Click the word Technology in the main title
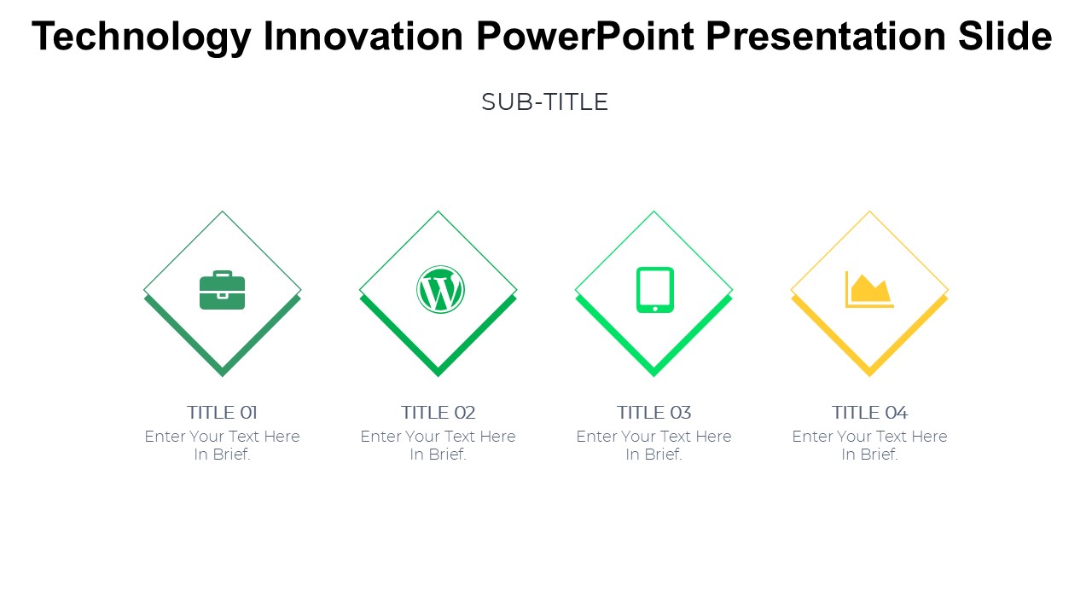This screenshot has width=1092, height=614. [142, 38]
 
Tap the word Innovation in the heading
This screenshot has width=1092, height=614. [363, 36]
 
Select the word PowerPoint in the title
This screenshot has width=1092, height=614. [585, 36]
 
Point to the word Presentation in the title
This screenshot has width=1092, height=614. [826, 36]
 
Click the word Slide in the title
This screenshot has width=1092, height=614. [1005, 36]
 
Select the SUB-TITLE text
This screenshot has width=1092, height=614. [545, 102]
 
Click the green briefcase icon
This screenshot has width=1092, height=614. [223, 290]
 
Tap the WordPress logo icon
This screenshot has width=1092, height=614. [440, 289]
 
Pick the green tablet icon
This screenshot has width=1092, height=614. [655, 290]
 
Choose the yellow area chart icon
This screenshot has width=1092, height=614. [869, 290]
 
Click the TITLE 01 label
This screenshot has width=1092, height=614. [223, 413]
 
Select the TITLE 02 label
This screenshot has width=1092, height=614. [439, 413]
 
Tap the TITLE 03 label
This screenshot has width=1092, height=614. [654, 413]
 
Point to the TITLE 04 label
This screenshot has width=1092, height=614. [869, 413]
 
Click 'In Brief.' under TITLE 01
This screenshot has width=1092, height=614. [223, 455]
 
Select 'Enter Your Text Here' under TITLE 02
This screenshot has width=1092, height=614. [439, 436]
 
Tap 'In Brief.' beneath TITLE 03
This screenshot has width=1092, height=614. [654, 455]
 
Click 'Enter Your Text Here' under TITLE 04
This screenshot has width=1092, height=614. [869, 436]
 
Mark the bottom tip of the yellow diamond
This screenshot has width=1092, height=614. [869, 376]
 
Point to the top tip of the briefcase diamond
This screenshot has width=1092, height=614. [223, 211]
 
